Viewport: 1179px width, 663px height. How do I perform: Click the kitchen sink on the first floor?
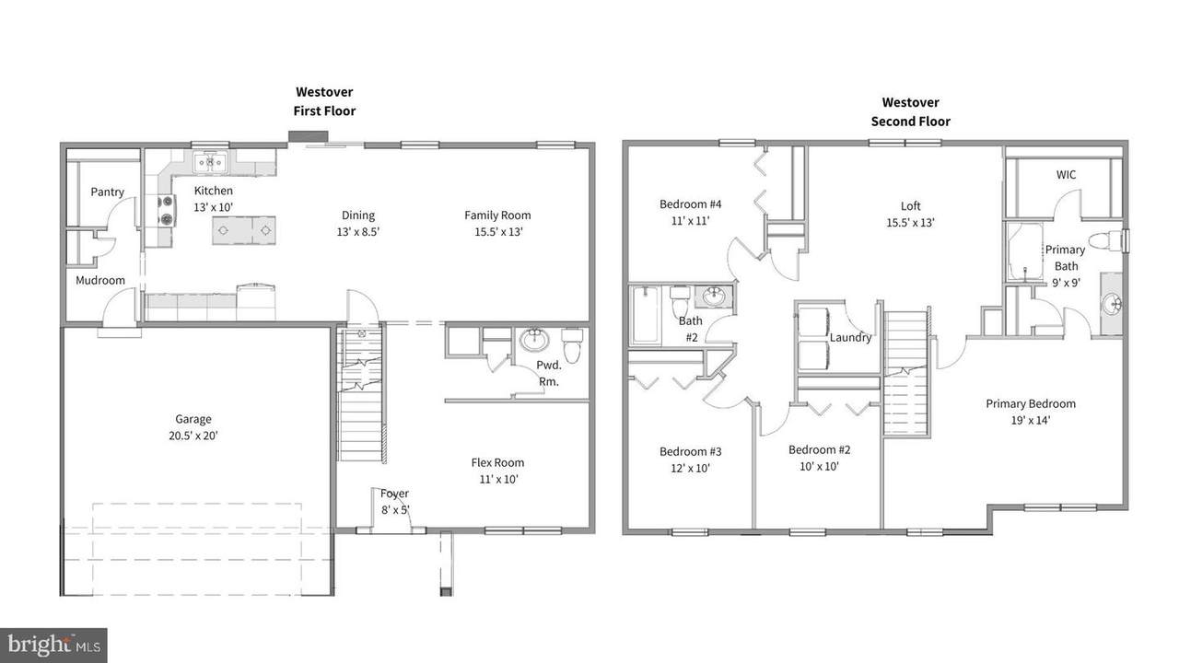pyautogui.click(x=210, y=162)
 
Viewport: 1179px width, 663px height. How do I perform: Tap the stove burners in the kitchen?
pyautogui.click(x=167, y=211)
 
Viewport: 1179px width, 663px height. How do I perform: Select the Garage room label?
pyautogui.click(x=193, y=419)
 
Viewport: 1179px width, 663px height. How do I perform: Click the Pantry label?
pyautogui.click(x=108, y=192)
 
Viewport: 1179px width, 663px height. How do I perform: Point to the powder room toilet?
pyautogui.click(x=572, y=345)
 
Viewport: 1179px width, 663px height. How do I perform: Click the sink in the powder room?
pyautogui.click(x=534, y=340)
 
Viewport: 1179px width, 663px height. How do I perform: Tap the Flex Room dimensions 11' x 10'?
pyautogui.click(x=498, y=480)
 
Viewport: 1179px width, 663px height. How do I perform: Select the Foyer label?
pyautogui.click(x=395, y=494)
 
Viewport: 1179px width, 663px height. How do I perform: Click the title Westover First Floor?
pyautogui.click(x=324, y=101)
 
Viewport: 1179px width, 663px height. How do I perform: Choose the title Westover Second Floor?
pyautogui.click(x=911, y=112)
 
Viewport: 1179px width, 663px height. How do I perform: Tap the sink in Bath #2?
pyautogui.click(x=714, y=297)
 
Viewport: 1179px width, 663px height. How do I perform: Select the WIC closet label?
pyautogui.click(x=1066, y=175)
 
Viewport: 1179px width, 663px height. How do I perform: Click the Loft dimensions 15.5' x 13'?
pyautogui.click(x=911, y=223)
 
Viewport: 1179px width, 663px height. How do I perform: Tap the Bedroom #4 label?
pyautogui.click(x=691, y=204)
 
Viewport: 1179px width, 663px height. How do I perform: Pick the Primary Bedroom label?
pyautogui.click(x=1031, y=404)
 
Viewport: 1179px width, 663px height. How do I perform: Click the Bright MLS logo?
pyautogui.click(x=53, y=646)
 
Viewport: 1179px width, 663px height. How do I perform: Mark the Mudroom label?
pyautogui.click(x=100, y=281)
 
